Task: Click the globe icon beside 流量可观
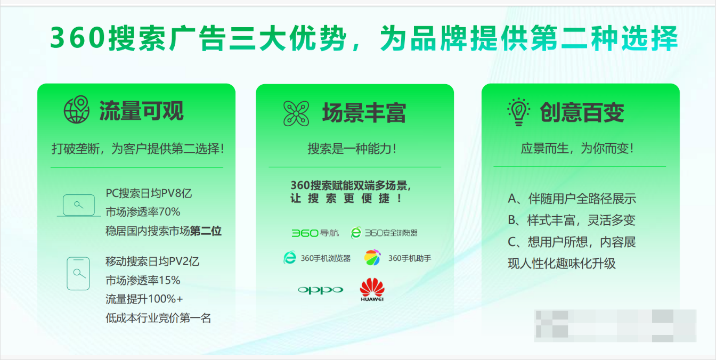click(x=77, y=110)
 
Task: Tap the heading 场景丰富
click(x=364, y=113)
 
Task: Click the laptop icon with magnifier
click(x=79, y=206)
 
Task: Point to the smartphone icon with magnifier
click(x=78, y=274)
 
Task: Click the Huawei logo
click(x=372, y=290)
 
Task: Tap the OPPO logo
click(x=320, y=290)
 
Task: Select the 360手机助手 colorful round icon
click(x=373, y=258)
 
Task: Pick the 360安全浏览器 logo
click(x=384, y=233)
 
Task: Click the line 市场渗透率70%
click(x=143, y=212)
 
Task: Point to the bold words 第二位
click(x=206, y=231)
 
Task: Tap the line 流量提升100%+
click(x=144, y=299)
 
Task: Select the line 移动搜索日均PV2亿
click(x=152, y=261)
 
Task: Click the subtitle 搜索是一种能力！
click(x=352, y=149)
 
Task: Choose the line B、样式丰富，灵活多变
click(x=572, y=220)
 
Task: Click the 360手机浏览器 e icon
click(x=289, y=258)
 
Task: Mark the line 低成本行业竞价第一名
click(x=158, y=318)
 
